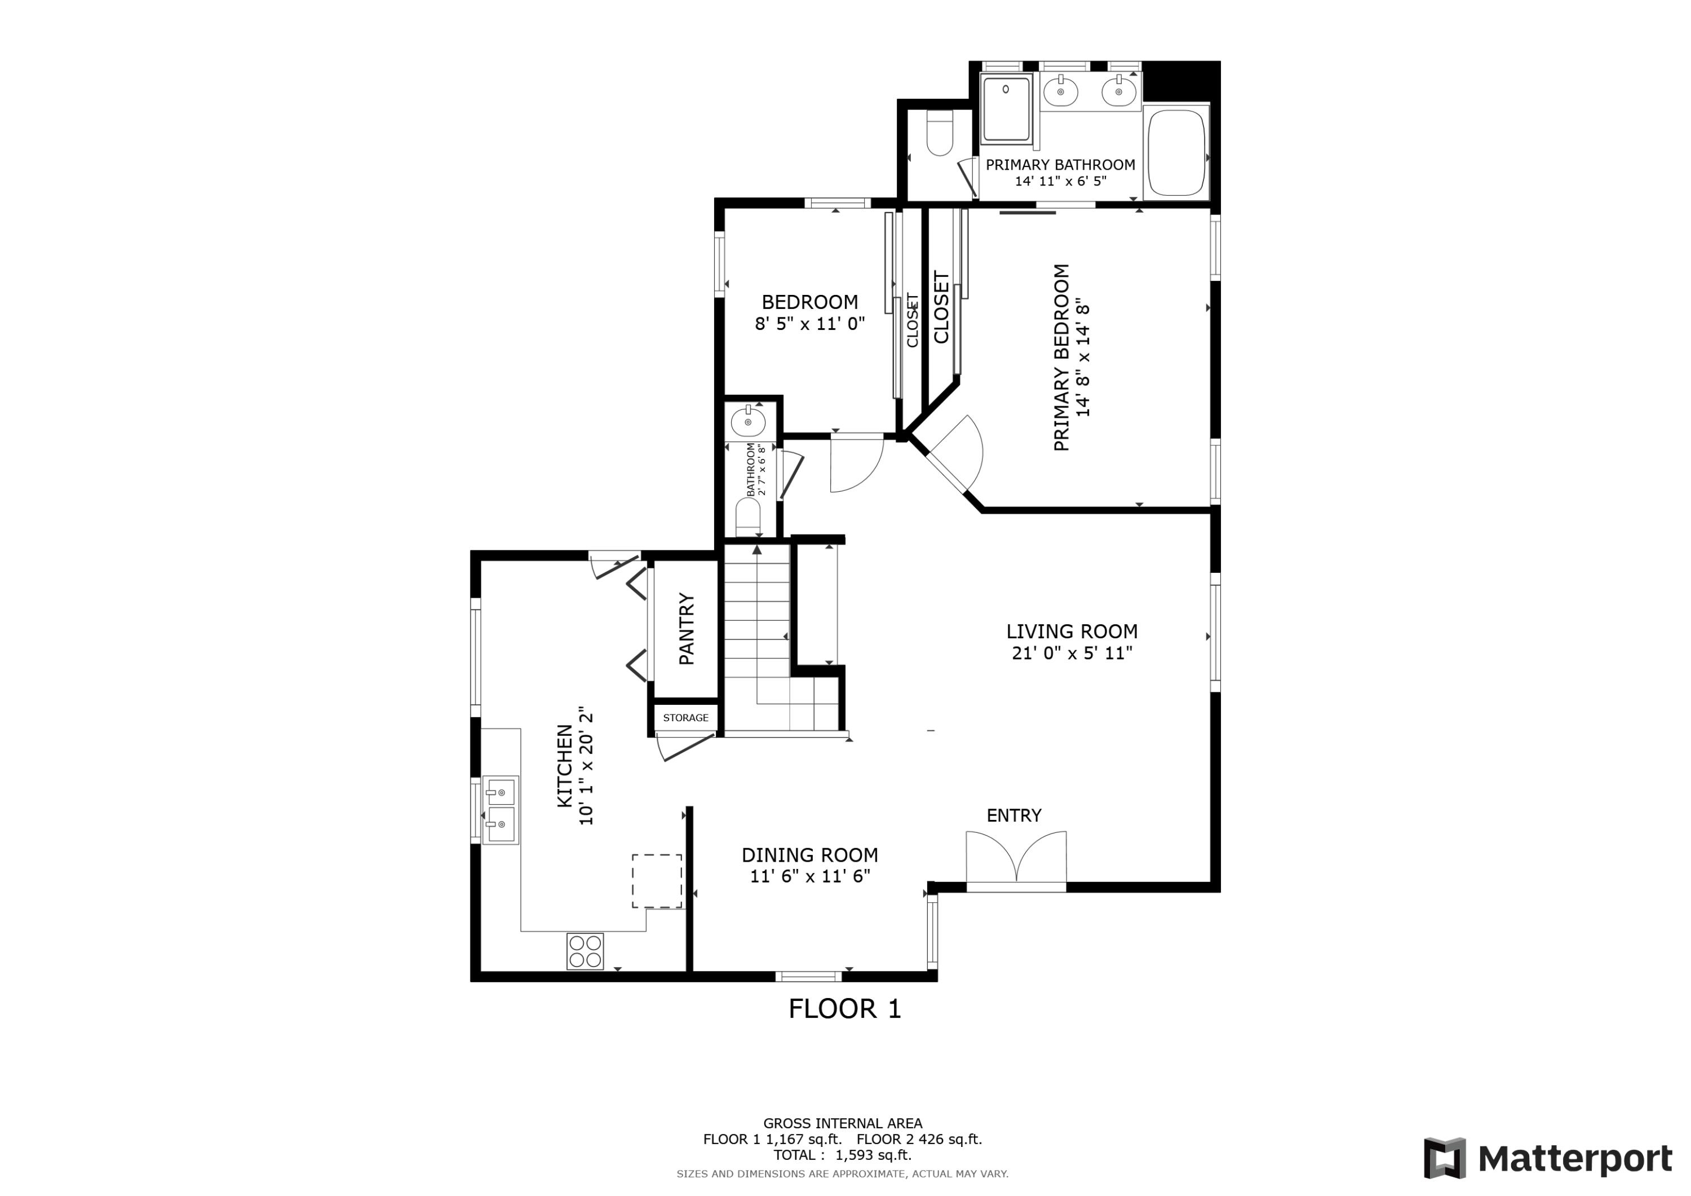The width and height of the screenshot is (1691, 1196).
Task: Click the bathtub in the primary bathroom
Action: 1176,153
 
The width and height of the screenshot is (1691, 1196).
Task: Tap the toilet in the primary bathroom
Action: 940,134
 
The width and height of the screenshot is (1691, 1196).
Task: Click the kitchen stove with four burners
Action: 585,951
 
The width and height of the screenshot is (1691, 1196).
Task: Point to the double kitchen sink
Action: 501,810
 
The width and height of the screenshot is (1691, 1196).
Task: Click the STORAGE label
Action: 685,718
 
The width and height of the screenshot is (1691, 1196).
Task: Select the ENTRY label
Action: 1013,816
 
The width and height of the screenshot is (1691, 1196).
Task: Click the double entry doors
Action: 1016,858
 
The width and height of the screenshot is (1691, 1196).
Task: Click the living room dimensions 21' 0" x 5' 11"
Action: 1072,653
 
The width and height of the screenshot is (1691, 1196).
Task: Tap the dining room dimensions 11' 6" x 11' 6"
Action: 809,876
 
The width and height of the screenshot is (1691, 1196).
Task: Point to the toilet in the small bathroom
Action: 747,517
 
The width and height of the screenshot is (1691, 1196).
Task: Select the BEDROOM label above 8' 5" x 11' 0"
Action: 809,302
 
